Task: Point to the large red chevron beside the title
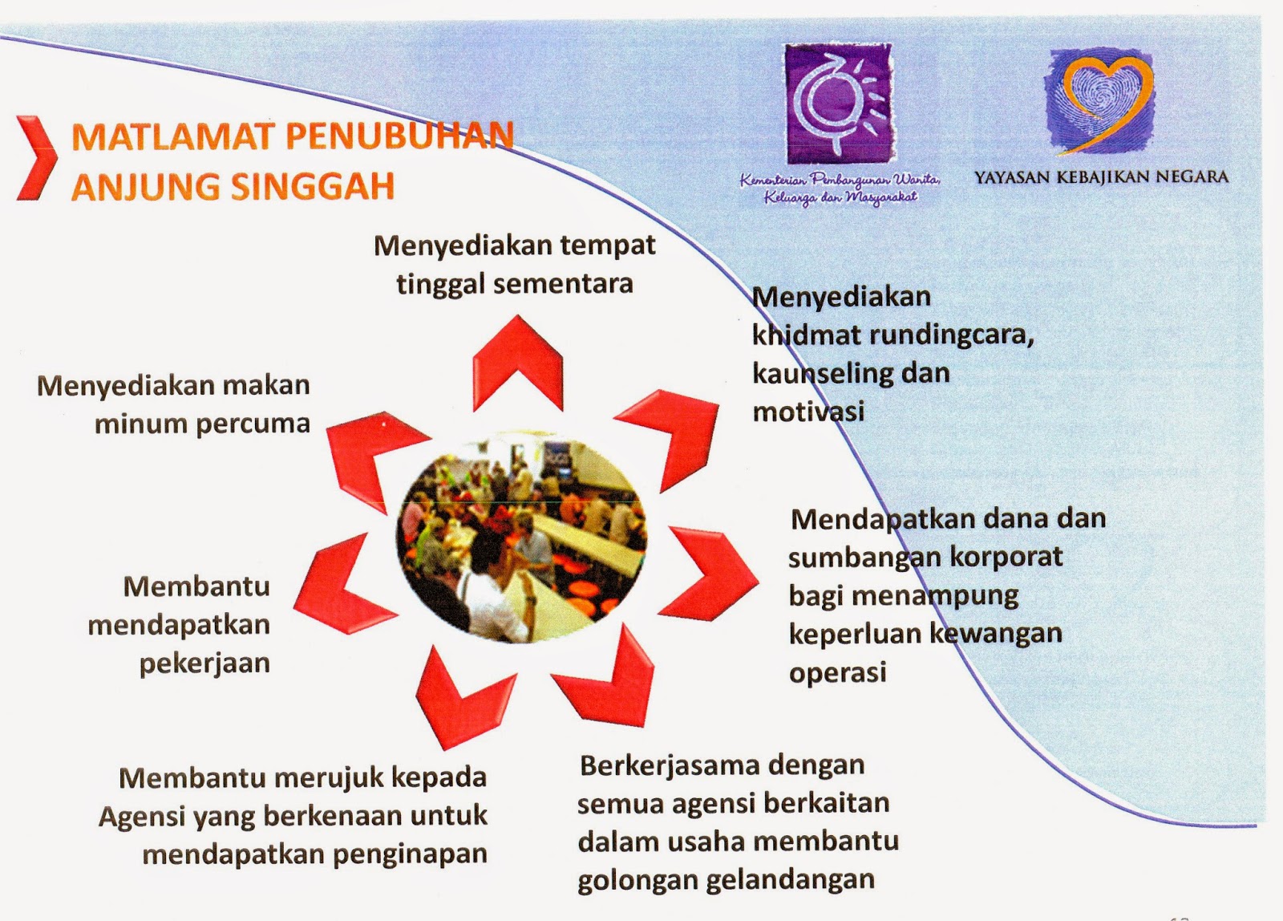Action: pos(37,158)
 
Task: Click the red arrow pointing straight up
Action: pos(518,361)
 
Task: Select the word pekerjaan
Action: pos(204,664)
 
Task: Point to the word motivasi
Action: pos(808,412)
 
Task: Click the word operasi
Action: pos(837,672)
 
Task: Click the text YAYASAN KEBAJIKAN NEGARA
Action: pos(1101,177)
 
